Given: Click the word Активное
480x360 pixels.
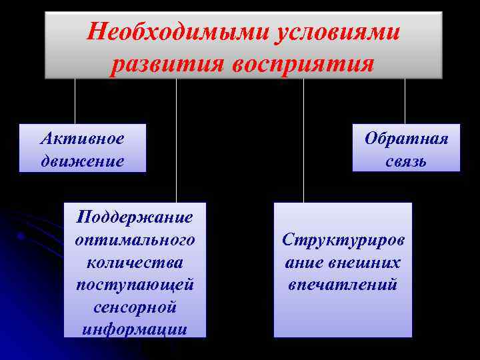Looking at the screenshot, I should pos(81,138).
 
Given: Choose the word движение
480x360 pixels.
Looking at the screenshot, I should pos(81,161).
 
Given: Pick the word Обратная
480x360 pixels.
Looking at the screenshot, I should pos(406,138).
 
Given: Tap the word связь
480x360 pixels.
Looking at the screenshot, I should pos(406,161).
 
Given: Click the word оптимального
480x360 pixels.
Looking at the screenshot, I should pos(135,239).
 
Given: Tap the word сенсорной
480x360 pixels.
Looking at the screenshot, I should pos(135,307).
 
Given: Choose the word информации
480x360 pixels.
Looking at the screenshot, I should pos(135,329).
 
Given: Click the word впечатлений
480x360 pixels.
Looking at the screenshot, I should pos(343,285).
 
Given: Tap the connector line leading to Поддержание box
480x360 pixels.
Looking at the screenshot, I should pos(176,140).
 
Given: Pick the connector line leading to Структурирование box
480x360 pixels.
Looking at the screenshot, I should pos(303,140).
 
